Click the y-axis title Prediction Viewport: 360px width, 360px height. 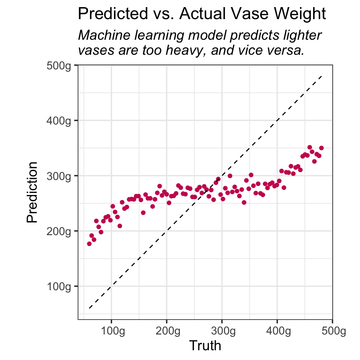click(33, 192)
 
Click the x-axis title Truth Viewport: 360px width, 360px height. click(205, 345)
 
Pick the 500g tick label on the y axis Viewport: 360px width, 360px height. click(60, 65)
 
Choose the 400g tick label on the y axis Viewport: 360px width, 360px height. click(60, 120)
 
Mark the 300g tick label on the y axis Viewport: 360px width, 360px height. click(60, 175)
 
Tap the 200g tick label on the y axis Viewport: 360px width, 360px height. click(60, 231)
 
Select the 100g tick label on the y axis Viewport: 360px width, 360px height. click(60, 286)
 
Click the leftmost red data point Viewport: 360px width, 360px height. click(89, 244)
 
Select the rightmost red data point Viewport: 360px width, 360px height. click(321, 148)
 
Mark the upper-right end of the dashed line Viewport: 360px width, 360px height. click(322, 76)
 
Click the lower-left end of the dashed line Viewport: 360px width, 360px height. click(89, 308)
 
